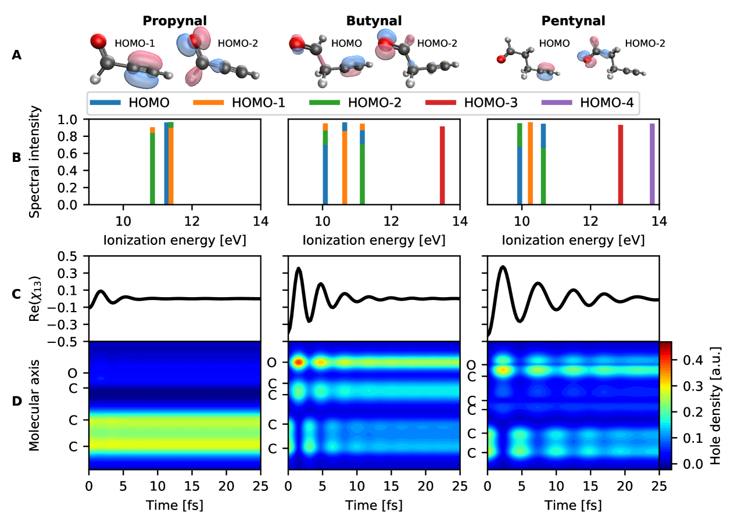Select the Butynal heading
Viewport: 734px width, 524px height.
(x=374, y=21)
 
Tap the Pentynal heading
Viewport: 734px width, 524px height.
(x=573, y=21)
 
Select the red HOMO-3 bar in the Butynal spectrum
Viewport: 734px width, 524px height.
(x=442, y=165)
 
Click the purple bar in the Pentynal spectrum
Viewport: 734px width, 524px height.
(x=652, y=164)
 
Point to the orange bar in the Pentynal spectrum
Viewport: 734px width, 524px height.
(x=530, y=163)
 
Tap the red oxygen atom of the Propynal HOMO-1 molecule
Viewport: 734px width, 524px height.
(x=99, y=42)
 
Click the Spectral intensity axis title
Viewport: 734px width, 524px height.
(x=36, y=162)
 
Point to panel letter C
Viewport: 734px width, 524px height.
(x=16, y=294)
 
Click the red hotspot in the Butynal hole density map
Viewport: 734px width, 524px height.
(x=299, y=363)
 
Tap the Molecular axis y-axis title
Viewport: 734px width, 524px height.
(x=36, y=405)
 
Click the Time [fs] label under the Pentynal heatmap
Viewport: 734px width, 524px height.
(x=573, y=506)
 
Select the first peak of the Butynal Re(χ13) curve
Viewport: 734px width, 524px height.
(x=299, y=268)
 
